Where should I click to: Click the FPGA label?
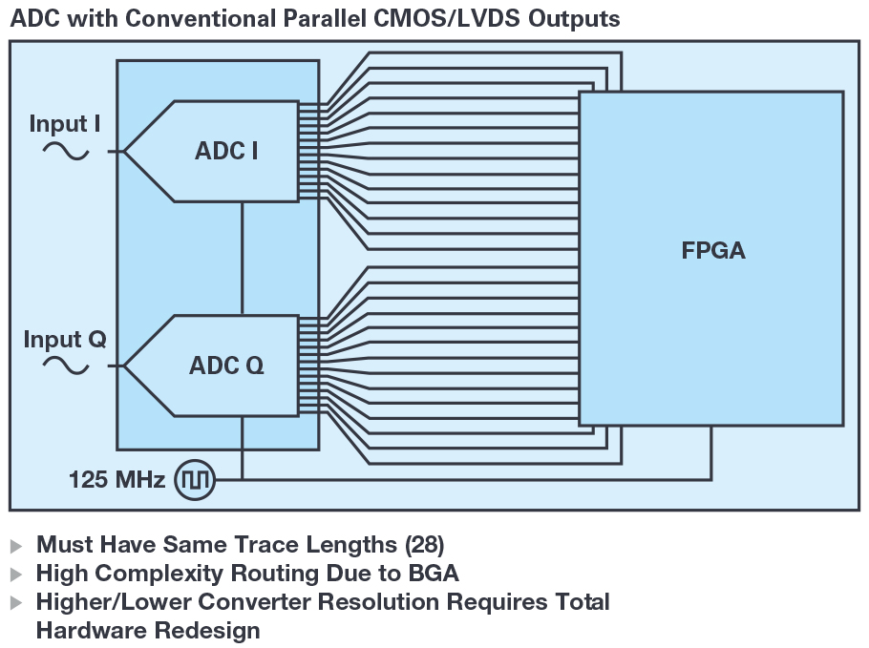click(x=712, y=252)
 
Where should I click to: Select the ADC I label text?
click(x=226, y=151)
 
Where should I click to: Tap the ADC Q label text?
click(x=226, y=366)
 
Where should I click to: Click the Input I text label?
click(x=65, y=124)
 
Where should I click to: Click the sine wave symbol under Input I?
click(x=66, y=151)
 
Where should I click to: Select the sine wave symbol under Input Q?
click(x=66, y=366)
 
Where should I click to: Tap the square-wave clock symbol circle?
click(x=196, y=479)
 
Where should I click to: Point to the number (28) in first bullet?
click(x=424, y=545)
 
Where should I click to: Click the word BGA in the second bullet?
click(x=435, y=574)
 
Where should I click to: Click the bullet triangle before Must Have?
click(x=16, y=546)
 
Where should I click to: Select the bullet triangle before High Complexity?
click(x=16, y=575)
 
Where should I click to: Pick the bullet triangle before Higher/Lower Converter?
click(x=16, y=603)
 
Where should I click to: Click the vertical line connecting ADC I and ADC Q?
click(x=243, y=258)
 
